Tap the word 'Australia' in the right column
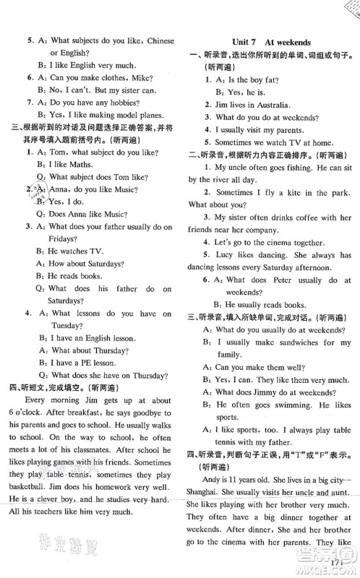(x=268, y=104)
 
